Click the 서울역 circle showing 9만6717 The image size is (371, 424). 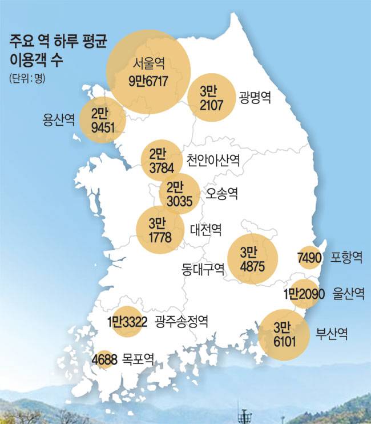148,72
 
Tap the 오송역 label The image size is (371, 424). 222,193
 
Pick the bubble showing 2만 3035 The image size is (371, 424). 180,194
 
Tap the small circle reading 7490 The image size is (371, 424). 310,258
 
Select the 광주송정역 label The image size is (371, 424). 182,322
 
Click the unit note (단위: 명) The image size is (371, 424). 26,79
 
